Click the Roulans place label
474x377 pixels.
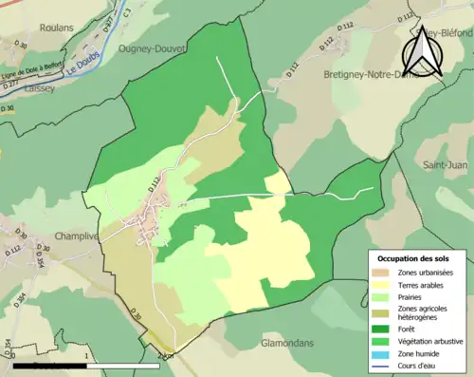59,29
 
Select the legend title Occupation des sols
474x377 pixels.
413,258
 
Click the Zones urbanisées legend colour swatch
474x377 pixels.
384,273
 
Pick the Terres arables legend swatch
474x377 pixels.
384,286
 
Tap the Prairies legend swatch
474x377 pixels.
384,298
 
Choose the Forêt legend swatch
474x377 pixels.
384,329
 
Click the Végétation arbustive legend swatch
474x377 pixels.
384,341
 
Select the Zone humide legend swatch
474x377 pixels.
384,353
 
